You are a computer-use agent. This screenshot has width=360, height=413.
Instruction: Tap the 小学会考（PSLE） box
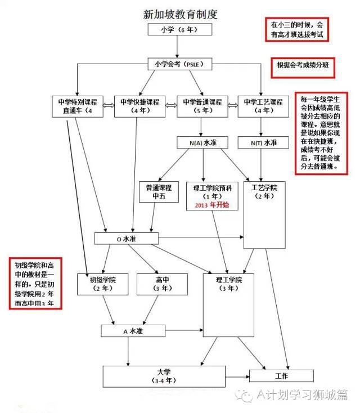tap(179, 64)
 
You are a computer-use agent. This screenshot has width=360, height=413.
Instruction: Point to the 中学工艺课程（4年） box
tap(263, 106)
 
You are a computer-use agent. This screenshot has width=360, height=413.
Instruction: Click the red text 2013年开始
tap(211, 205)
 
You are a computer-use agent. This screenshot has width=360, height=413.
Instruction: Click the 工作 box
tap(281, 376)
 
